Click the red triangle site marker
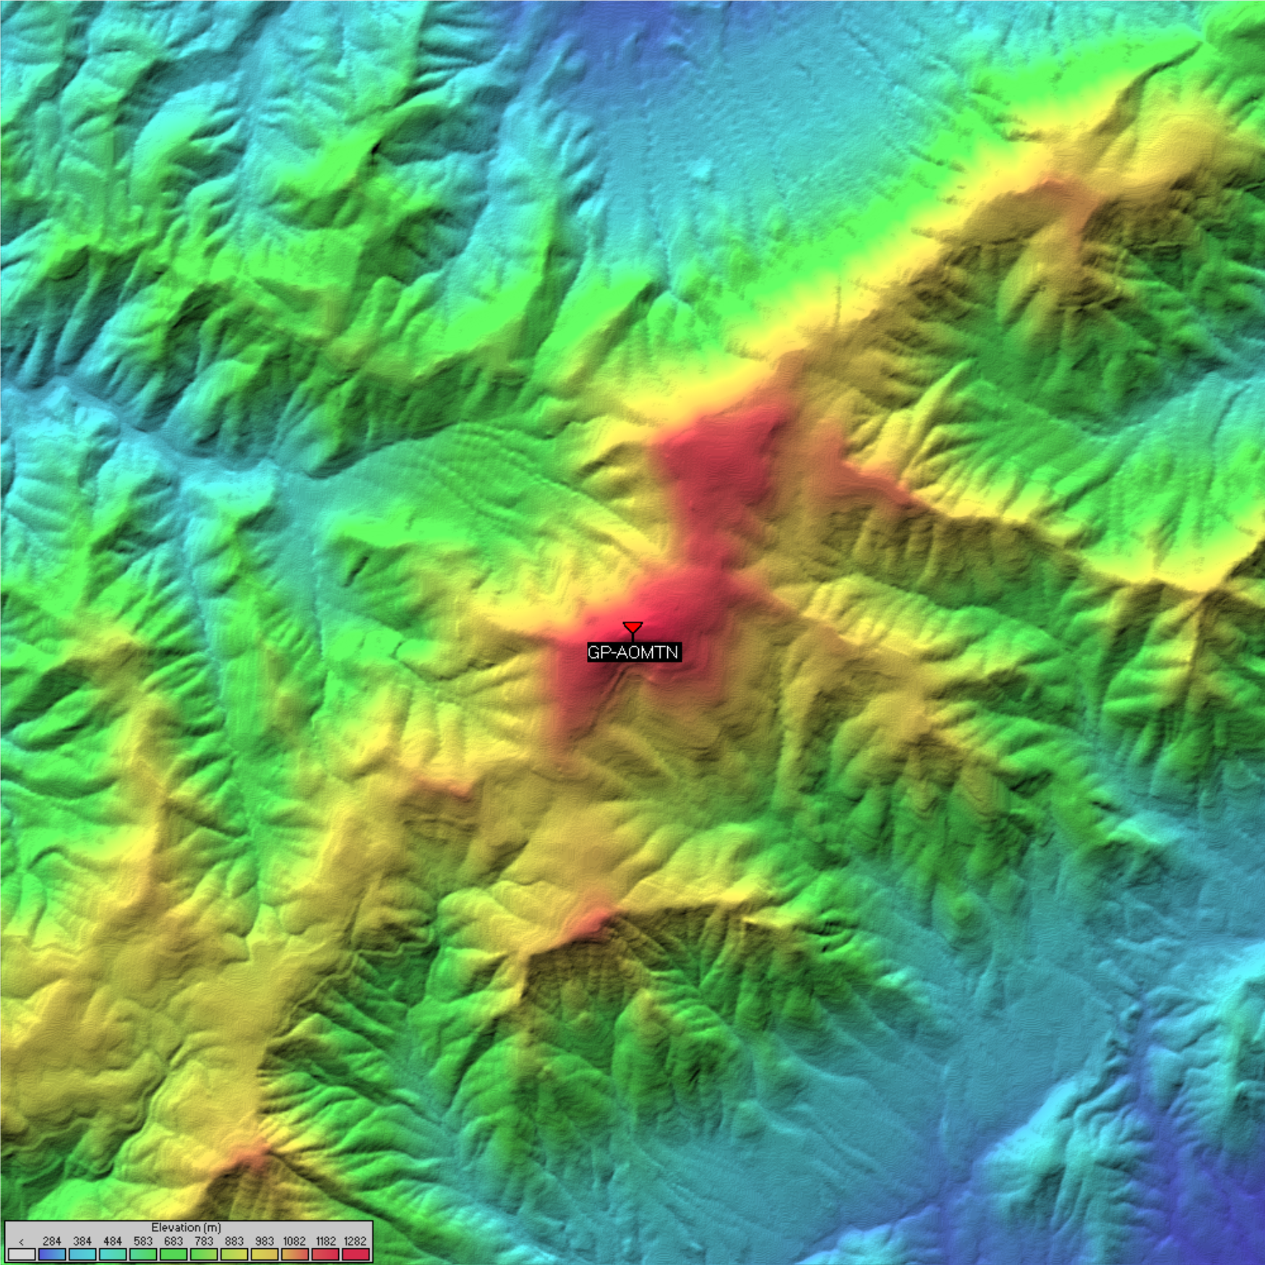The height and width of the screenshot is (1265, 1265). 632,627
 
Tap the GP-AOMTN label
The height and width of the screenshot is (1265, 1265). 633,653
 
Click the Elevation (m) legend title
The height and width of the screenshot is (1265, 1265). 186,1227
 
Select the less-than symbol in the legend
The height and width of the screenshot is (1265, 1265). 22,1242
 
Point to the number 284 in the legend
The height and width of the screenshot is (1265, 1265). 52,1241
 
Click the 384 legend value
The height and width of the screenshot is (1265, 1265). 82,1241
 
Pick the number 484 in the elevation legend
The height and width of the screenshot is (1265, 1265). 113,1241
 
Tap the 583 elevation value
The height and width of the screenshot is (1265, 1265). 143,1241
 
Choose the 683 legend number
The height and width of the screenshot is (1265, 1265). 173,1241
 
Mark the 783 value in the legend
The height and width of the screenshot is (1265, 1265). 204,1241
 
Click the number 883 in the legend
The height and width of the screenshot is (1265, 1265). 234,1241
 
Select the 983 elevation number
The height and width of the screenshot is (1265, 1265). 265,1241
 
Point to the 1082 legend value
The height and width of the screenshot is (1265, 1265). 294,1241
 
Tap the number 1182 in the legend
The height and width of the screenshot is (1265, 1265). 325,1241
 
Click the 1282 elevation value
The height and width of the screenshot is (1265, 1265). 356,1241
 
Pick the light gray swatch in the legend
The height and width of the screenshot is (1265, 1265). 22,1254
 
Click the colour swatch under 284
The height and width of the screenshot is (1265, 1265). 52,1254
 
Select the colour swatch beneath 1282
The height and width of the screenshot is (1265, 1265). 356,1254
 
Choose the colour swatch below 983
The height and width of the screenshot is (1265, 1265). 265,1254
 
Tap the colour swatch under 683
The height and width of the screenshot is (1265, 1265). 173,1254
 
